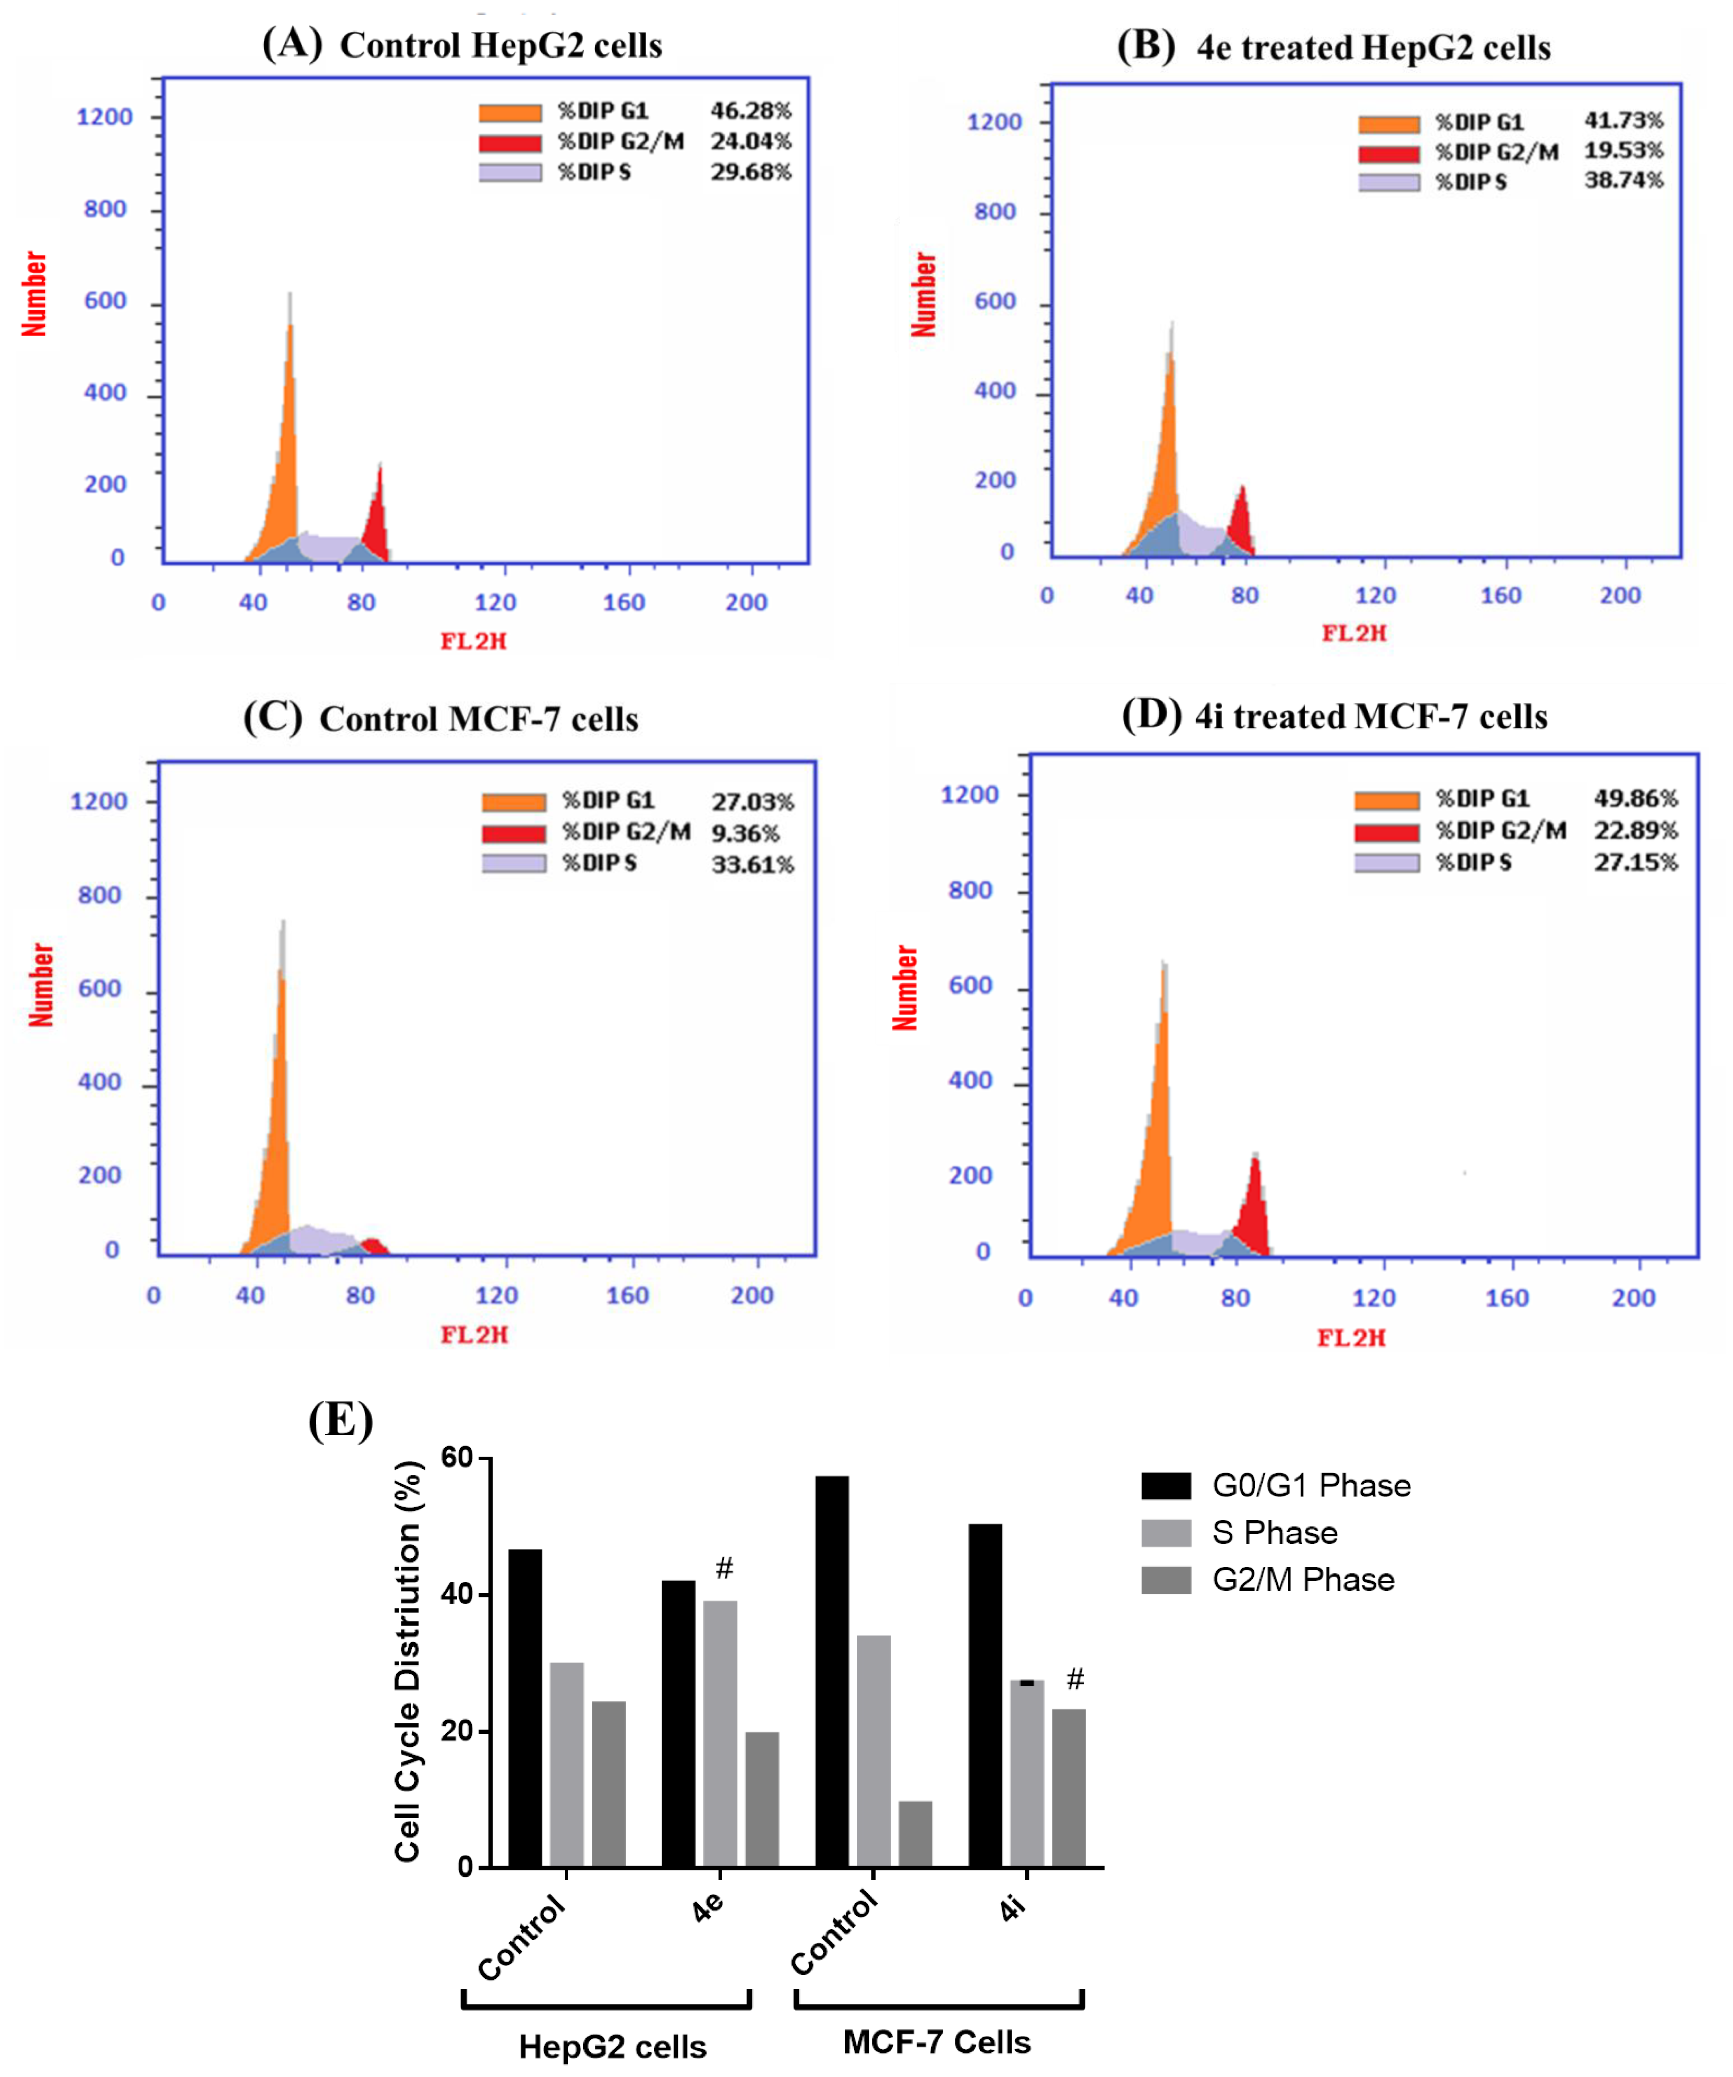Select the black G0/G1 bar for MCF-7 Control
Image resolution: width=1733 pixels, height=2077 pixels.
[832, 1671]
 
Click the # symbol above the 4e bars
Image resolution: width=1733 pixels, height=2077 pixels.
[724, 1568]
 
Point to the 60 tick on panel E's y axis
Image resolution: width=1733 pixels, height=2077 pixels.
[457, 1457]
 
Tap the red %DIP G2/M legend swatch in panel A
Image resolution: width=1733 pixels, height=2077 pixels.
[510, 143]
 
